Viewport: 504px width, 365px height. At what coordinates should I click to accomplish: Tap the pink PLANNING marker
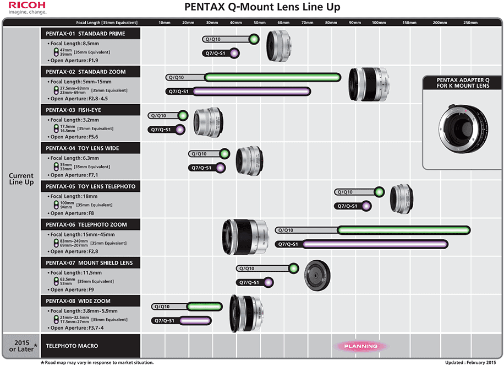pos(360,346)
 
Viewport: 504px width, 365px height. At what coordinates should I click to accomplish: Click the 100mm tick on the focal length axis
pos(379,23)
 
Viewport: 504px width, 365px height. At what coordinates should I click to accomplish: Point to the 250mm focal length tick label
pos(470,23)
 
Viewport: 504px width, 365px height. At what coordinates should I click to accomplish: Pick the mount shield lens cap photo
pos(317,275)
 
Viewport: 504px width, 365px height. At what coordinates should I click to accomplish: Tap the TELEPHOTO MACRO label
pos(72,346)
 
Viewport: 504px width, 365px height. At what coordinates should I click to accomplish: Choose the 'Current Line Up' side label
pos(21,179)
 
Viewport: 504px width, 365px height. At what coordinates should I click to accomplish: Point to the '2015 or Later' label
pos(21,346)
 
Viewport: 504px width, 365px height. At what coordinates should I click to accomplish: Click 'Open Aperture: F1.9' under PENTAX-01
pos(74,60)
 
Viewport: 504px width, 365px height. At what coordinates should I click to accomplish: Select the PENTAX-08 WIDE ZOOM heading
pos(78,301)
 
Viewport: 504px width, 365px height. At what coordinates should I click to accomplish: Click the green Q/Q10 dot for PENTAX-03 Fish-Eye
pos(183,116)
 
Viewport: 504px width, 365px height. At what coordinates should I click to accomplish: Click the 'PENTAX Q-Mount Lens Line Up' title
pos(261,7)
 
